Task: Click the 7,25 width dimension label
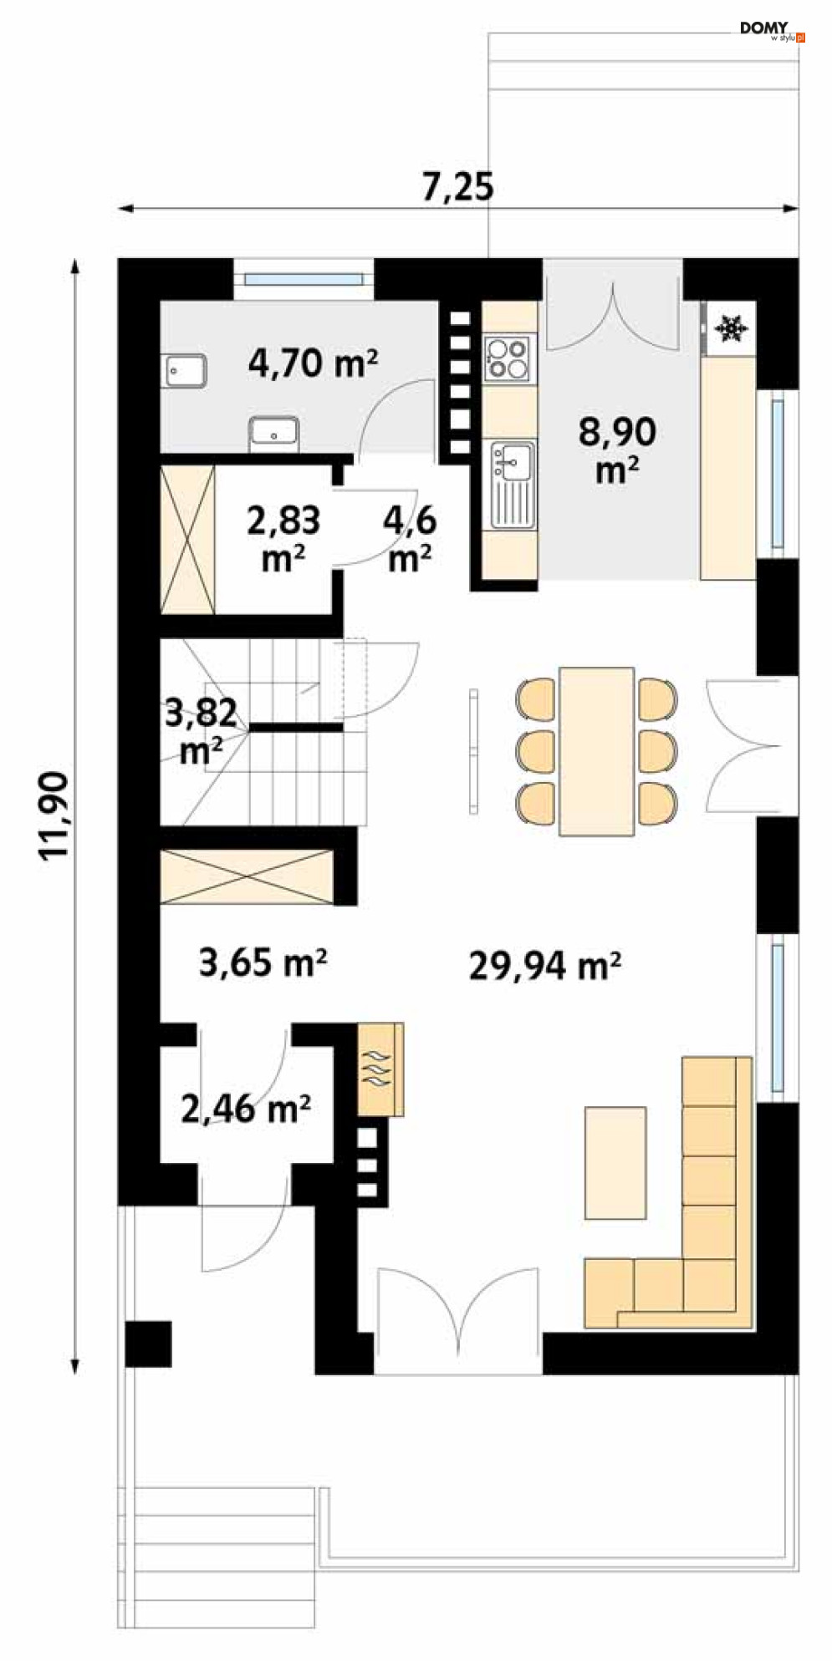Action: [457, 187]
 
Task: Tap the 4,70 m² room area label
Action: [313, 363]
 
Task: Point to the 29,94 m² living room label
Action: [544, 966]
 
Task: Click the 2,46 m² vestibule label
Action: [246, 1109]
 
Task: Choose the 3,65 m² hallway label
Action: [263, 963]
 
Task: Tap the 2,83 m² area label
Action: [283, 539]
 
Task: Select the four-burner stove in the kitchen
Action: [509, 357]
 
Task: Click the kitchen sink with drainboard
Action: [512, 485]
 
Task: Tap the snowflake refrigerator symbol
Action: [732, 328]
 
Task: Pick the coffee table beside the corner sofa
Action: [615, 1163]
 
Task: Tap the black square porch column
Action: [148, 1344]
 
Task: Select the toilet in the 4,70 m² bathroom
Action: [273, 434]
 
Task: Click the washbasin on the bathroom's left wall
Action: [183, 370]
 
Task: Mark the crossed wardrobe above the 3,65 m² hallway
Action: [248, 876]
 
